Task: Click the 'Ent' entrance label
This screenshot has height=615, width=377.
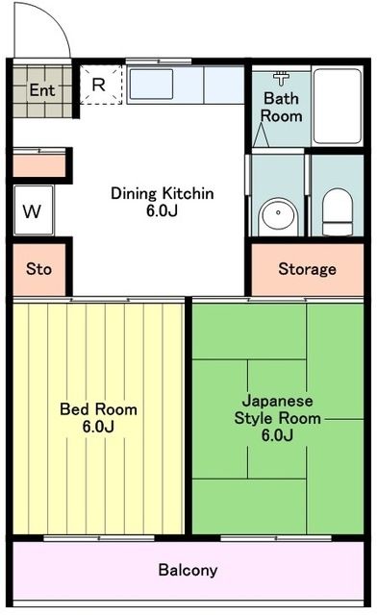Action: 41,90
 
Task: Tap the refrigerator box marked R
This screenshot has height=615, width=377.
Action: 99,84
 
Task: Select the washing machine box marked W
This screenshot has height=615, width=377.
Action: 33,211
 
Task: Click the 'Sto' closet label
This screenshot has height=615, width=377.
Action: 39,270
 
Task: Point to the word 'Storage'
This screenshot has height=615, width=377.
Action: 308,269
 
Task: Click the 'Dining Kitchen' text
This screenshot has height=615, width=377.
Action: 162,193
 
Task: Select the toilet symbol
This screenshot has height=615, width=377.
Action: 338,211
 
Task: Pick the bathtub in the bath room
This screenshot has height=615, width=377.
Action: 337,106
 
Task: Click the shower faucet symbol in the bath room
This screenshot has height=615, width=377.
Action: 281,78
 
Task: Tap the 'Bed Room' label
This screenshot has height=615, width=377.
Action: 98,409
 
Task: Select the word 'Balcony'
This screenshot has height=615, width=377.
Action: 188,570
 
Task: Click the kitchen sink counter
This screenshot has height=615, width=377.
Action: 186,86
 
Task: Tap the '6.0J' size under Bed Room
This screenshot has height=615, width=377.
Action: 98,427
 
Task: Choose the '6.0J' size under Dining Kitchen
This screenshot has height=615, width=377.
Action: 162,210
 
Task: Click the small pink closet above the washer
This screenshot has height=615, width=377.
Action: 39,163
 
